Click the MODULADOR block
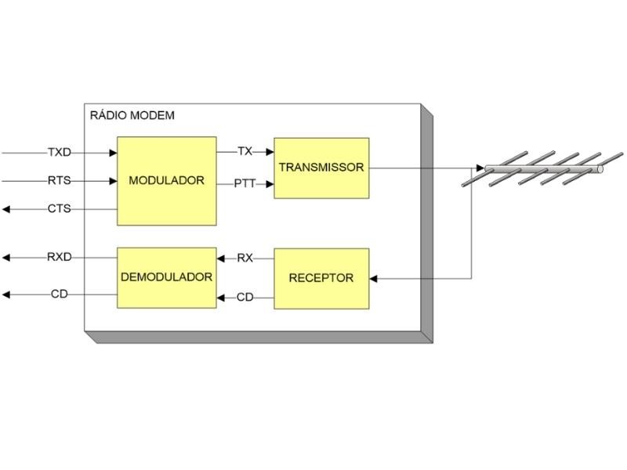166,181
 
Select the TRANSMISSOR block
321,168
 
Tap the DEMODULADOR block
166,277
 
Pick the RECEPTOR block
321,278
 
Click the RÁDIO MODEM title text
132,116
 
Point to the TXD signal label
59,152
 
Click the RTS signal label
59,181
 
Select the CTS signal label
59,209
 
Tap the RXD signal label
59,257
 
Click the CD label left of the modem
60,295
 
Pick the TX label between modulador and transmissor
245,151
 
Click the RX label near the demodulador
245,258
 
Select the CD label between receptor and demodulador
245,298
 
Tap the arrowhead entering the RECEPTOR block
374,278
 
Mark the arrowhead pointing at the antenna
479,168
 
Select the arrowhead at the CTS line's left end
6,209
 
